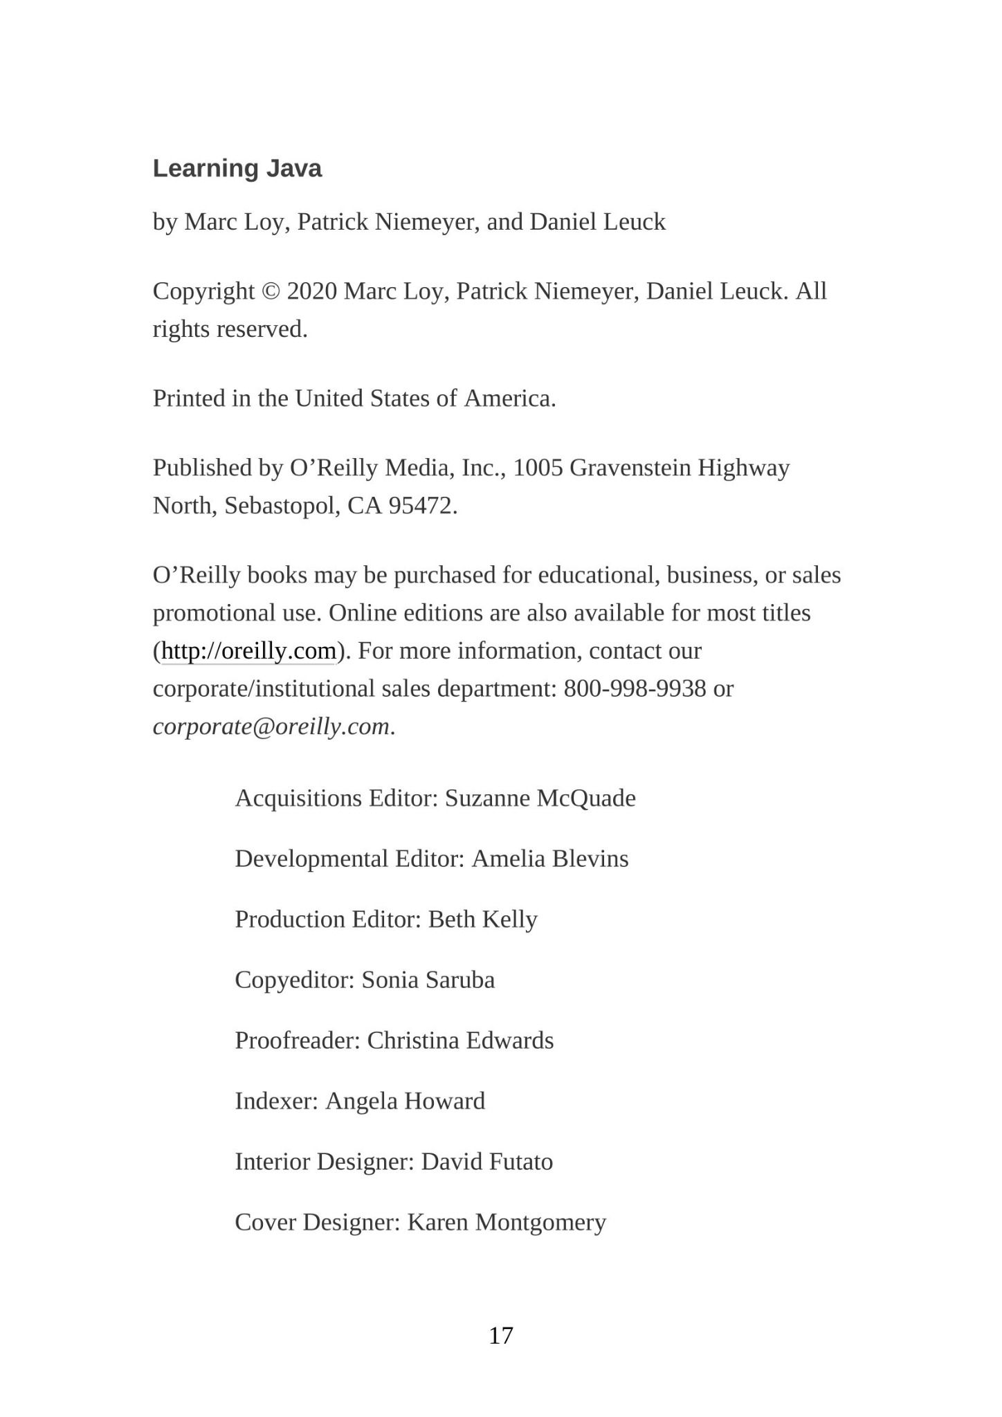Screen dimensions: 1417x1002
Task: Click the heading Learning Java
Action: [237, 169]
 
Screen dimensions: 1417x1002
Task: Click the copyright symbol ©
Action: [270, 291]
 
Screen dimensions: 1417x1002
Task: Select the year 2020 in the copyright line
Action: [311, 291]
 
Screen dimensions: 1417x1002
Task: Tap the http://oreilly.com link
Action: [248, 651]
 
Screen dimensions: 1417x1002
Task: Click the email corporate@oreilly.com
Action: [271, 727]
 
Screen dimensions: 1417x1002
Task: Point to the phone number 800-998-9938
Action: [635, 689]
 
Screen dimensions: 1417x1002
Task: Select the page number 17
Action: [501, 1335]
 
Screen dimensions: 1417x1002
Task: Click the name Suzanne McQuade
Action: [540, 798]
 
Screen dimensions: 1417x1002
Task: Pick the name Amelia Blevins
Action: [549, 859]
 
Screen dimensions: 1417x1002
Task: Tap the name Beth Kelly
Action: [482, 920]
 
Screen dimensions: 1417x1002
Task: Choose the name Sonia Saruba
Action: [428, 980]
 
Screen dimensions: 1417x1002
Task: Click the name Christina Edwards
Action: [460, 1041]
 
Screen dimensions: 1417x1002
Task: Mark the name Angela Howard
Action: [405, 1101]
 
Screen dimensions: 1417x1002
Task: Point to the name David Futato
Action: [486, 1162]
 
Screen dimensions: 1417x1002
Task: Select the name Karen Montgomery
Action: [507, 1223]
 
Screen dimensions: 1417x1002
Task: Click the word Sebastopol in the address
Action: [282, 506]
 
